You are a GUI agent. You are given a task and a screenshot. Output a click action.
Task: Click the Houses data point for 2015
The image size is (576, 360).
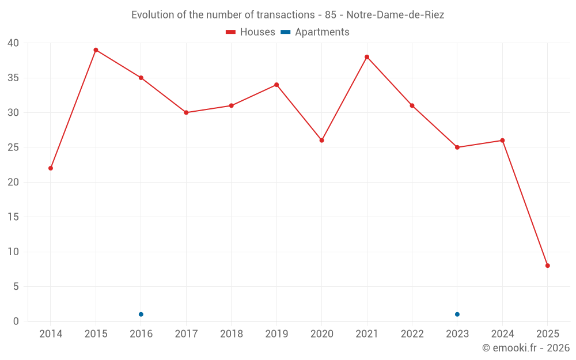tap(96, 50)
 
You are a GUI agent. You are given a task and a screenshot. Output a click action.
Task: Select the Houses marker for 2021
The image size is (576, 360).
tap(367, 57)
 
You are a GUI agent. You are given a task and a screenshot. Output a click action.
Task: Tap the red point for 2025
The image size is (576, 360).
tap(548, 266)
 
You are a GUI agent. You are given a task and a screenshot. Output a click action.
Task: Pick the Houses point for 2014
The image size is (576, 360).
tap(51, 168)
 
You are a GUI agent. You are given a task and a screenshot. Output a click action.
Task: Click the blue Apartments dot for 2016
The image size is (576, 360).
tap(141, 314)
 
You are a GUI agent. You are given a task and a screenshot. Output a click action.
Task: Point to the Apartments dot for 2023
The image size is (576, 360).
tap(457, 314)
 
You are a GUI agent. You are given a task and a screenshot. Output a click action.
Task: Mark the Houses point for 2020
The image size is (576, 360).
tap(322, 141)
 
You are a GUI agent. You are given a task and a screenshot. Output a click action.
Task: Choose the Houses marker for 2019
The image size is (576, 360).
tap(276, 85)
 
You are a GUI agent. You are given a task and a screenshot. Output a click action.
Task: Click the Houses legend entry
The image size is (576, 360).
tap(251, 32)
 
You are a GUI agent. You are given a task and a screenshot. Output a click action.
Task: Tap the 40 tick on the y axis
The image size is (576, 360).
tap(13, 43)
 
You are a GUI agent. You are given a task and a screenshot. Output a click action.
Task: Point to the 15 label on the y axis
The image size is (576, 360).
tap(13, 217)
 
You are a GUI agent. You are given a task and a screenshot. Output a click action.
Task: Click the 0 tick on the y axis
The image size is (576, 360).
tap(16, 321)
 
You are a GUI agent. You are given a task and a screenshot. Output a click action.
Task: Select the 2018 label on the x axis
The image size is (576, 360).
tap(231, 334)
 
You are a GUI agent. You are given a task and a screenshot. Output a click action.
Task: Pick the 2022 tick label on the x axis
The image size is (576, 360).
tap(412, 334)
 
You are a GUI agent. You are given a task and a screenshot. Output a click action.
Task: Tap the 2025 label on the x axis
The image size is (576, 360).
tap(548, 334)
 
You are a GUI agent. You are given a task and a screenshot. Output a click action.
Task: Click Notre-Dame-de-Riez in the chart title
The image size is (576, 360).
tap(395, 15)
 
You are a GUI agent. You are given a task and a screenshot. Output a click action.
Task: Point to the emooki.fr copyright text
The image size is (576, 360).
tap(526, 348)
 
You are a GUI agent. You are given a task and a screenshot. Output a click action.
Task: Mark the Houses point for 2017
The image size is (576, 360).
tap(186, 113)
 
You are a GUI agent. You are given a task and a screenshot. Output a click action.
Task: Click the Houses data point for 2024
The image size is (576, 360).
tap(502, 141)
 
